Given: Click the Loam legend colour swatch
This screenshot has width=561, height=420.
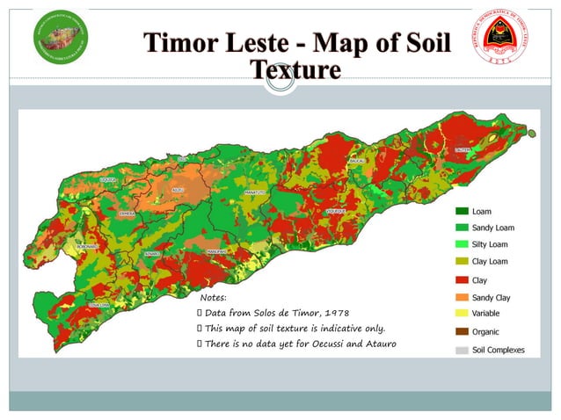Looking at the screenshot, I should tap(461, 212).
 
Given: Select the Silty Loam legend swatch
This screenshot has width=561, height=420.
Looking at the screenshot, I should tap(461, 244).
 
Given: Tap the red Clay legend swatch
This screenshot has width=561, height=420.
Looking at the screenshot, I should tap(461, 280).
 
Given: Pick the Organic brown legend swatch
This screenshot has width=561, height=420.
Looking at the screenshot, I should tap(461, 331).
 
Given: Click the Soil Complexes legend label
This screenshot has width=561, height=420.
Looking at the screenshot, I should tap(498, 350).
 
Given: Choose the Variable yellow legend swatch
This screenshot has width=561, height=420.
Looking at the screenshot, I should tap(461, 314).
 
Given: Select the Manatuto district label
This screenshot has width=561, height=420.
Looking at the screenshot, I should tap(254, 191).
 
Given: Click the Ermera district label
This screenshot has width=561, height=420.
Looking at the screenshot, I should tap(127, 214).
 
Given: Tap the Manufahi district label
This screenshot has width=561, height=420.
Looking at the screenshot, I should tap(216, 251).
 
